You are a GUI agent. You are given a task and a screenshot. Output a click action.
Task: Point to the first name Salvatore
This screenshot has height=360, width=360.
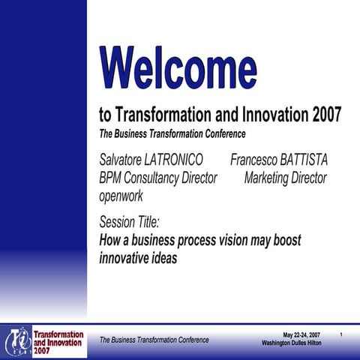coord(123,160)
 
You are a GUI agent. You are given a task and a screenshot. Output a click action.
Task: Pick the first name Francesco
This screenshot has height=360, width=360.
coord(252,160)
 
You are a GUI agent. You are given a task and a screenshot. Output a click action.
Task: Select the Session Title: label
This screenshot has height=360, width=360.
coord(129,223)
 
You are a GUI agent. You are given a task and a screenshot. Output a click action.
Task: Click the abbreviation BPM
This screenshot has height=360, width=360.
coord(112,178)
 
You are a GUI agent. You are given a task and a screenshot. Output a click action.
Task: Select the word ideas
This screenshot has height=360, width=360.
coord(166,258)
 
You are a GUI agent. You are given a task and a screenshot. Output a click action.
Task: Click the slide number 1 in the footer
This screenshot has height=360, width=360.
coord(341,334)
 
